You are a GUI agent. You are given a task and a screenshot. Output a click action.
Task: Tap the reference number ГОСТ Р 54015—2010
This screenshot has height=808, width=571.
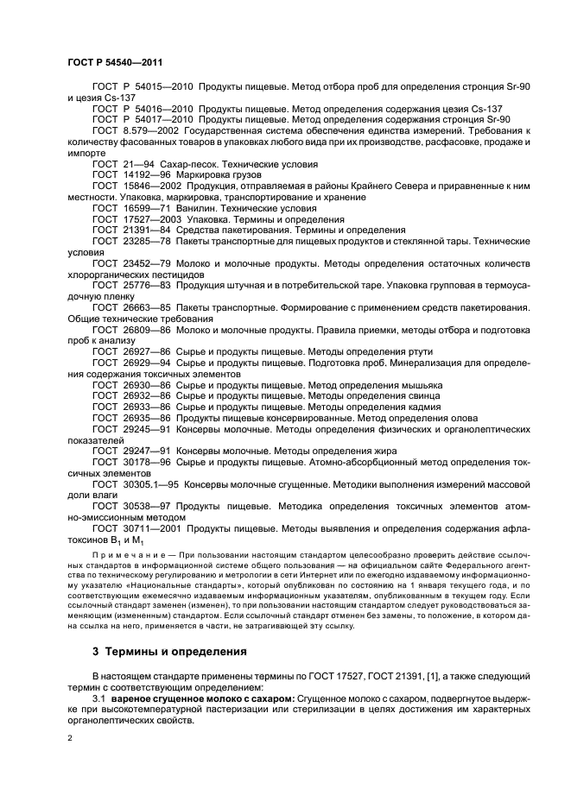pos(141,88)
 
